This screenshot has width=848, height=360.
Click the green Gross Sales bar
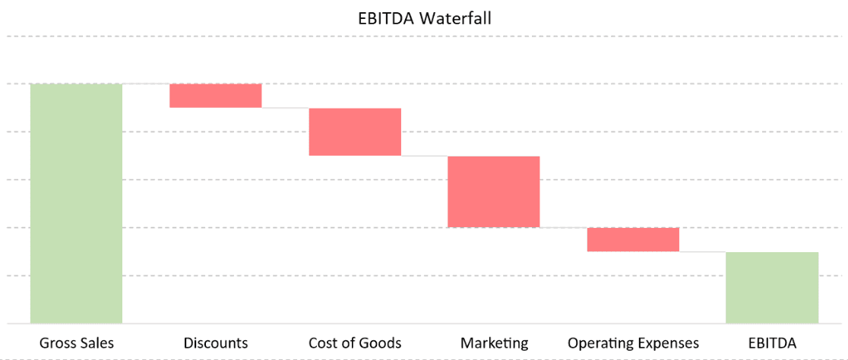click(76, 203)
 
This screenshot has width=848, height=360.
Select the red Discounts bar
click(215, 96)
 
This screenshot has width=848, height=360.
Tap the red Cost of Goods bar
click(354, 131)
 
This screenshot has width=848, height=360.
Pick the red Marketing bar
click(493, 191)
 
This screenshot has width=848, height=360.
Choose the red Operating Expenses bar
click(633, 239)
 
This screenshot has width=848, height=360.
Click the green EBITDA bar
click(772, 287)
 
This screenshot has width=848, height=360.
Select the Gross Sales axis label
click(76, 343)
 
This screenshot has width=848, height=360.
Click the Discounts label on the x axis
click(215, 343)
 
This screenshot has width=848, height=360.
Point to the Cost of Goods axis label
click(354, 343)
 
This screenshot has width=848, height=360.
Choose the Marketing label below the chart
click(493, 343)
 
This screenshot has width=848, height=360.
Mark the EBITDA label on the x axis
click(772, 343)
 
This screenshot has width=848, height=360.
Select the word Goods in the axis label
click(381, 343)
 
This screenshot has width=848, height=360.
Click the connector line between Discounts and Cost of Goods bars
click(285, 108)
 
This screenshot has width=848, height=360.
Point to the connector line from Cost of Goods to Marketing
click(424, 156)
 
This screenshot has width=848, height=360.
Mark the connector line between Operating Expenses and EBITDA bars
click(702, 251)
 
